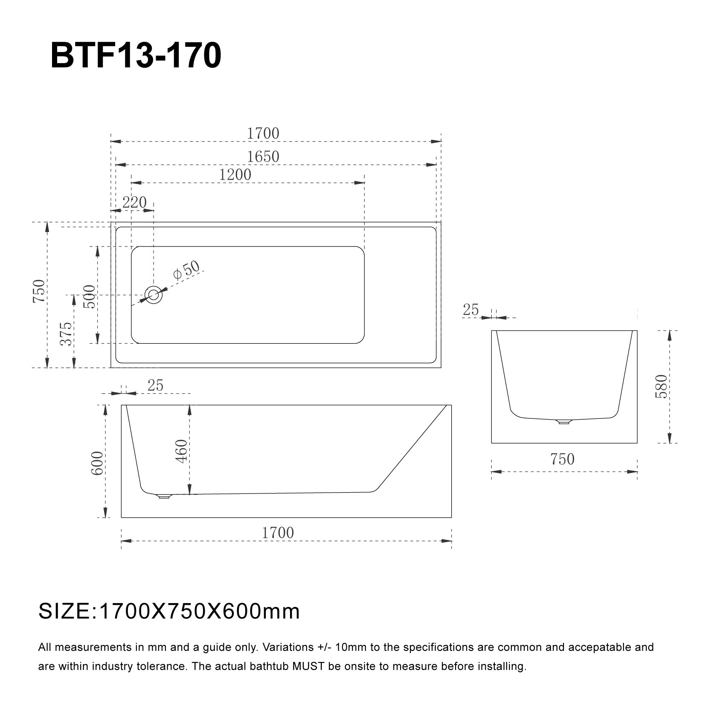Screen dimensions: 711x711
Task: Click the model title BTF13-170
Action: click(136, 56)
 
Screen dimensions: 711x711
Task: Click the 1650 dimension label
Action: click(263, 157)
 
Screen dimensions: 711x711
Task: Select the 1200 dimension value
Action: click(235, 174)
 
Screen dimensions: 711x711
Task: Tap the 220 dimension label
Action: click(134, 202)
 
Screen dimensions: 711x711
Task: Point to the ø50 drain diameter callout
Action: click(186, 270)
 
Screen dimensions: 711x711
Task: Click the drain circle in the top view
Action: click(154, 295)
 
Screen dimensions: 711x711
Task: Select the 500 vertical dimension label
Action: click(90, 296)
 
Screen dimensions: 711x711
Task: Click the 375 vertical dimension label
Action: click(67, 334)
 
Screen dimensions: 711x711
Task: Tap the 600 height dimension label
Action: click(97, 463)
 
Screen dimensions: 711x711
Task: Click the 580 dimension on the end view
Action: click(661, 386)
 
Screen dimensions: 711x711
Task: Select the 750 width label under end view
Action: click(562, 459)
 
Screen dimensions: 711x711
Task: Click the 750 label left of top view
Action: click(39, 291)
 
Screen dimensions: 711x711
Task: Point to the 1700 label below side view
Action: click(278, 533)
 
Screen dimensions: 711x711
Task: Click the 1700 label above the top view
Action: click(263, 133)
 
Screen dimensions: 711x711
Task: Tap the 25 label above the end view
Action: click(471, 310)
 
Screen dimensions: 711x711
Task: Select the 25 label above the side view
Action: click(155, 385)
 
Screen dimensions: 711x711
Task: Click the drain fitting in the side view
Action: click(164, 496)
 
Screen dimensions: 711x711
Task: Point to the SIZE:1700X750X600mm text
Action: click(169, 611)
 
